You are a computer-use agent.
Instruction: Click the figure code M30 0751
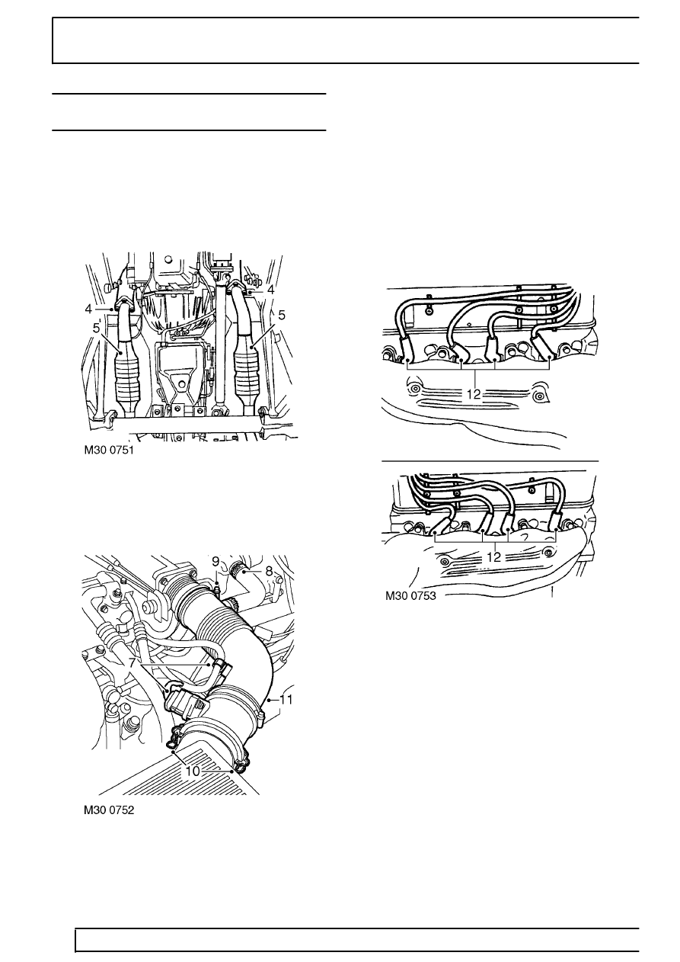(109, 451)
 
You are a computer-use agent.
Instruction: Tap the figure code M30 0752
(109, 810)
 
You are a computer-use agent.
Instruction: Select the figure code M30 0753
(410, 595)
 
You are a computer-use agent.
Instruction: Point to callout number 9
(215, 562)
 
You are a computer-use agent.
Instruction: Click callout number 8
(269, 571)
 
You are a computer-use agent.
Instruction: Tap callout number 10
(193, 771)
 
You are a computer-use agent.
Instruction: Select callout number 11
(286, 700)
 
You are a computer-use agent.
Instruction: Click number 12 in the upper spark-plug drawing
(474, 394)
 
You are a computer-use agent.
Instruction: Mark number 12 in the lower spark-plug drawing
(494, 557)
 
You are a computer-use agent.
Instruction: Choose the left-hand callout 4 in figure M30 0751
(88, 309)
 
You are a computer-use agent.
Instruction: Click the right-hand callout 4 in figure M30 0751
(270, 290)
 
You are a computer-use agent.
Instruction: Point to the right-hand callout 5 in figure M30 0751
(282, 316)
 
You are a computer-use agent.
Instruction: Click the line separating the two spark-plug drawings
(490, 461)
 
